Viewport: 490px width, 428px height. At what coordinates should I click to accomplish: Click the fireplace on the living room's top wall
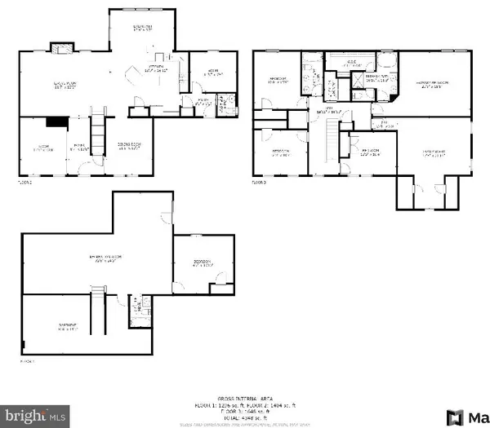coord(60,48)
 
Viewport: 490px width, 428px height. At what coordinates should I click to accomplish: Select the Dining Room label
coord(127,148)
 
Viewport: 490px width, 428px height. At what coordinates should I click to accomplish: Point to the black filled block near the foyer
coord(56,121)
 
